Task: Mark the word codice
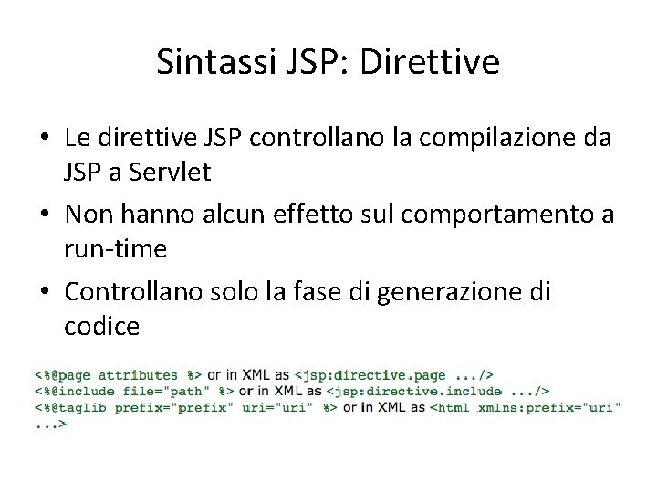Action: point(102,326)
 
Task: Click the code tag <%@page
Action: point(65,374)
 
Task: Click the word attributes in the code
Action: point(138,374)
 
